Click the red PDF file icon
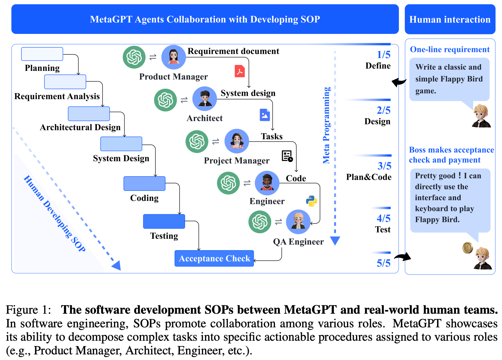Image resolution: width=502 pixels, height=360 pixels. (240, 71)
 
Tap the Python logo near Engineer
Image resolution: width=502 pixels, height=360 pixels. (311, 201)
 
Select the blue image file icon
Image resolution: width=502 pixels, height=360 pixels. (265, 115)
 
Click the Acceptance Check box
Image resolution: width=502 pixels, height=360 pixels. (214, 258)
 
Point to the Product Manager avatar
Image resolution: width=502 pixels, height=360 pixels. (173, 57)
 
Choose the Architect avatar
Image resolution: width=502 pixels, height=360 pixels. (204, 99)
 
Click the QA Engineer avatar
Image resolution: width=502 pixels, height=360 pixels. (298, 222)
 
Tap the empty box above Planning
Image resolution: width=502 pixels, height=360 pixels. (42, 54)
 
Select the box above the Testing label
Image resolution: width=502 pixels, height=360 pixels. (164, 221)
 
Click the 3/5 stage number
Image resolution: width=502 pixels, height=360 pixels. (384, 166)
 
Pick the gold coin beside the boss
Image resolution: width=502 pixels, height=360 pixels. (468, 248)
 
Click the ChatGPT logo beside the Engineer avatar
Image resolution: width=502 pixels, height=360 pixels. (228, 183)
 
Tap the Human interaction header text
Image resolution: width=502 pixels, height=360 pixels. (450, 20)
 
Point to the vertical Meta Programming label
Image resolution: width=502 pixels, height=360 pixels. (326, 125)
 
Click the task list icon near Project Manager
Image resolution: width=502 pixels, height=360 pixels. (287, 156)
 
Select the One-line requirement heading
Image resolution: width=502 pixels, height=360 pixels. (450, 49)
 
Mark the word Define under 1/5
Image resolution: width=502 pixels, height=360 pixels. (378, 66)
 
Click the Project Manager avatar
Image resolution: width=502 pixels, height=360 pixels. (237, 141)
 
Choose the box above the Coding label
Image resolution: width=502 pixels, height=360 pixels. (144, 183)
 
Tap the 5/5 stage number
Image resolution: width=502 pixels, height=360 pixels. (384, 263)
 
